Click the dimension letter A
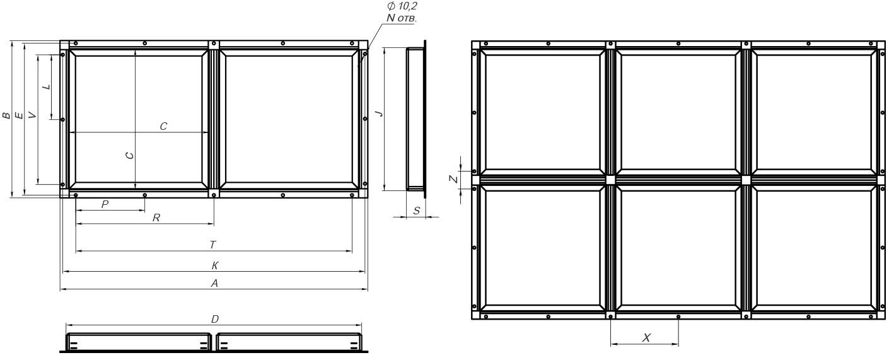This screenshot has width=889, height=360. coord(214,283)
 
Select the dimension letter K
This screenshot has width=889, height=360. coord(215,265)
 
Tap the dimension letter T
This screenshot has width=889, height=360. coord(213,245)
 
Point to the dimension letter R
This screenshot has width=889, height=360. coord(156,218)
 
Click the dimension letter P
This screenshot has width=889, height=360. coord(105,204)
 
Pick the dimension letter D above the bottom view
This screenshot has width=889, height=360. coord(215,319)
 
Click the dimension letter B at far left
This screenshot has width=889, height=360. coord(6,115)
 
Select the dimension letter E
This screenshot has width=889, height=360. coord(19,115)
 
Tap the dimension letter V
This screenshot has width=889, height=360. coord(33,115)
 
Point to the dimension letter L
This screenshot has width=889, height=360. coord(47,86)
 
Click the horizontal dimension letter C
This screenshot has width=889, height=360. coord(163,126)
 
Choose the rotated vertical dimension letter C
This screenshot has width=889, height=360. coord(129,155)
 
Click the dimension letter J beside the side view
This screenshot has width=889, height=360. coord(380,113)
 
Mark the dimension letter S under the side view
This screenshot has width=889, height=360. coord(416,211)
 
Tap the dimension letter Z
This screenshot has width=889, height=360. coord(453,179)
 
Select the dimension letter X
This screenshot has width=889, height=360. coord(646,338)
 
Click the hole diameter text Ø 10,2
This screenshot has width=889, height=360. coord(402,6)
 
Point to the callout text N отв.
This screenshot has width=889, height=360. coord(402,18)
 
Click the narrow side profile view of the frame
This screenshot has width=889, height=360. coord(416,119)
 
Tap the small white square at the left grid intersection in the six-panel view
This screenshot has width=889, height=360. coord(610,180)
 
